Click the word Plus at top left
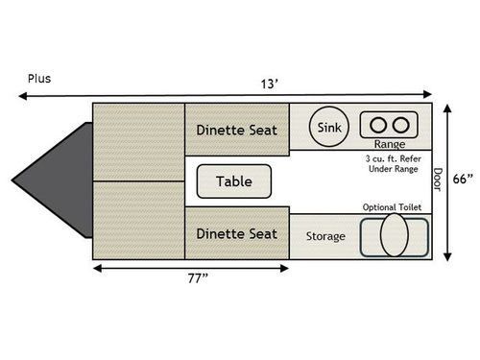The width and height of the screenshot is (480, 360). pos(39,79)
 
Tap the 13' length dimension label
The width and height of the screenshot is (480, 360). pos(272,84)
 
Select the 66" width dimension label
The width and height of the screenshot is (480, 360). pos(464,180)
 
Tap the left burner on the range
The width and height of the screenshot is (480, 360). pos(375,124)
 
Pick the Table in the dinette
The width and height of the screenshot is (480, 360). pos(233,180)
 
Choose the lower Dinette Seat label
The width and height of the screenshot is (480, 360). pos(236,233)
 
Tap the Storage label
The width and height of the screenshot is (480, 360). pos(325,236)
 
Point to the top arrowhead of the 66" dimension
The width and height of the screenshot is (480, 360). pos(448,107)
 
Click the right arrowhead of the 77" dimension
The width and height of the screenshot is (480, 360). pos(285,267)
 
